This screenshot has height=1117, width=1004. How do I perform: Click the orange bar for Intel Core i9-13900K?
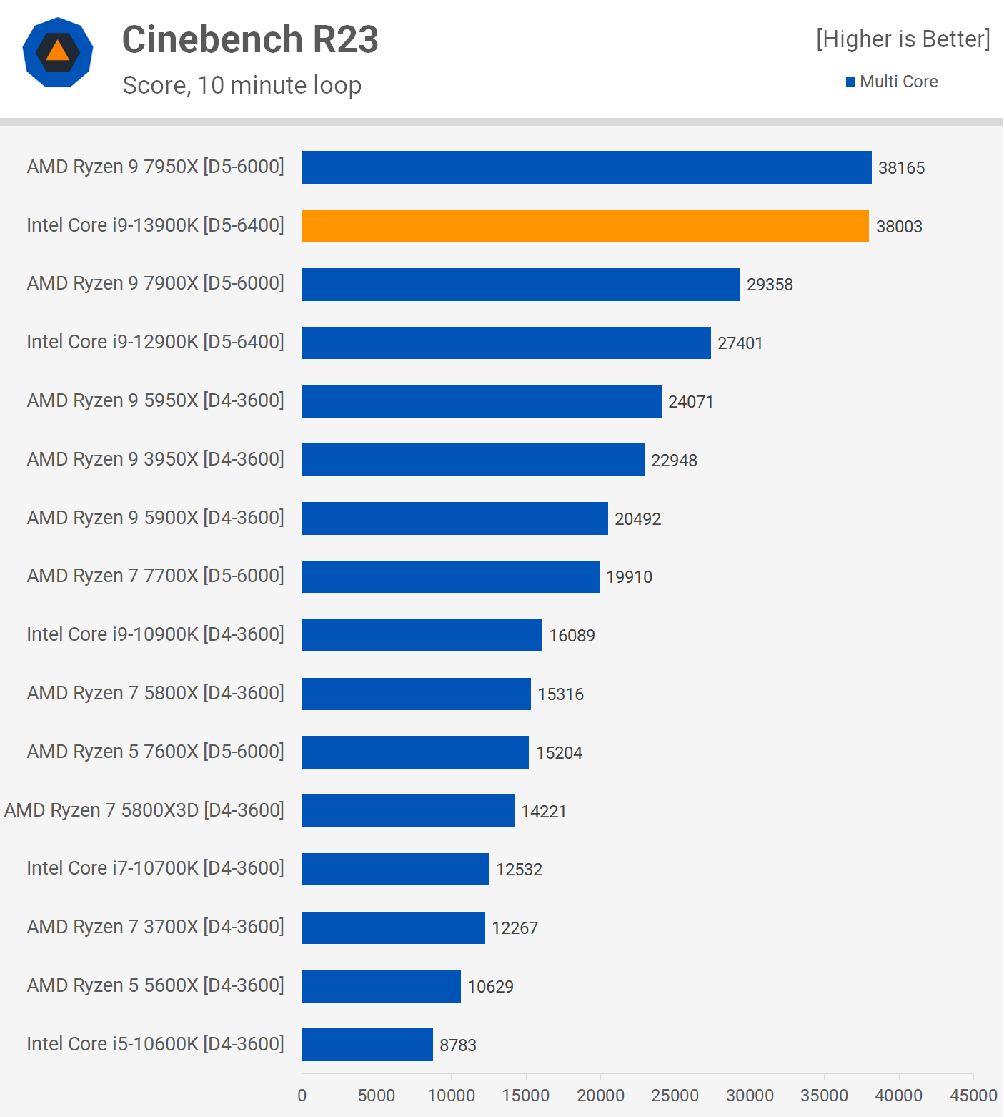tap(585, 226)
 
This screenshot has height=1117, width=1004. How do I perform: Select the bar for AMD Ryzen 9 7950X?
tap(587, 167)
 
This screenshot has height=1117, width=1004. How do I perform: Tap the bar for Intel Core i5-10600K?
tap(367, 1045)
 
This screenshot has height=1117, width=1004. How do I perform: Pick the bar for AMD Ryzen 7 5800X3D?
tap(408, 811)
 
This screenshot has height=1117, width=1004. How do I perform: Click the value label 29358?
tap(770, 285)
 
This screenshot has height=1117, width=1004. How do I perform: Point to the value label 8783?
tap(458, 1045)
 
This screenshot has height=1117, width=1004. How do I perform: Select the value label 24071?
tap(691, 402)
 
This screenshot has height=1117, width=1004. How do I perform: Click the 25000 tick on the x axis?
tap(675, 1096)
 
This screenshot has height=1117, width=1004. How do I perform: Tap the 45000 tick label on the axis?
tap(973, 1096)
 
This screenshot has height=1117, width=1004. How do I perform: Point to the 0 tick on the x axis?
tap(302, 1096)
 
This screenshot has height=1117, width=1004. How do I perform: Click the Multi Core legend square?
tap(850, 82)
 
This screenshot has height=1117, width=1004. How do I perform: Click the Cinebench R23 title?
tap(250, 39)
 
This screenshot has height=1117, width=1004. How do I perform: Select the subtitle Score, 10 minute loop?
tap(242, 85)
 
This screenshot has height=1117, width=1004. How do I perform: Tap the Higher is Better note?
tap(903, 39)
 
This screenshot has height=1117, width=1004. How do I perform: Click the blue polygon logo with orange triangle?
tap(58, 52)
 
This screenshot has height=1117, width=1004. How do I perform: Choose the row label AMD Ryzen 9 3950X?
tap(156, 459)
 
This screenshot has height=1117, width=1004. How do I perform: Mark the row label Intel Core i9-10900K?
tap(156, 634)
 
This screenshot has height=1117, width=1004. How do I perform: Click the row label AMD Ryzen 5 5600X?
tap(156, 985)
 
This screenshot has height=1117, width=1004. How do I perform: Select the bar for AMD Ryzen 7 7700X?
tap(451, 577)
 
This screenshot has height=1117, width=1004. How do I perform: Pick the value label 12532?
tap(520, 870)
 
